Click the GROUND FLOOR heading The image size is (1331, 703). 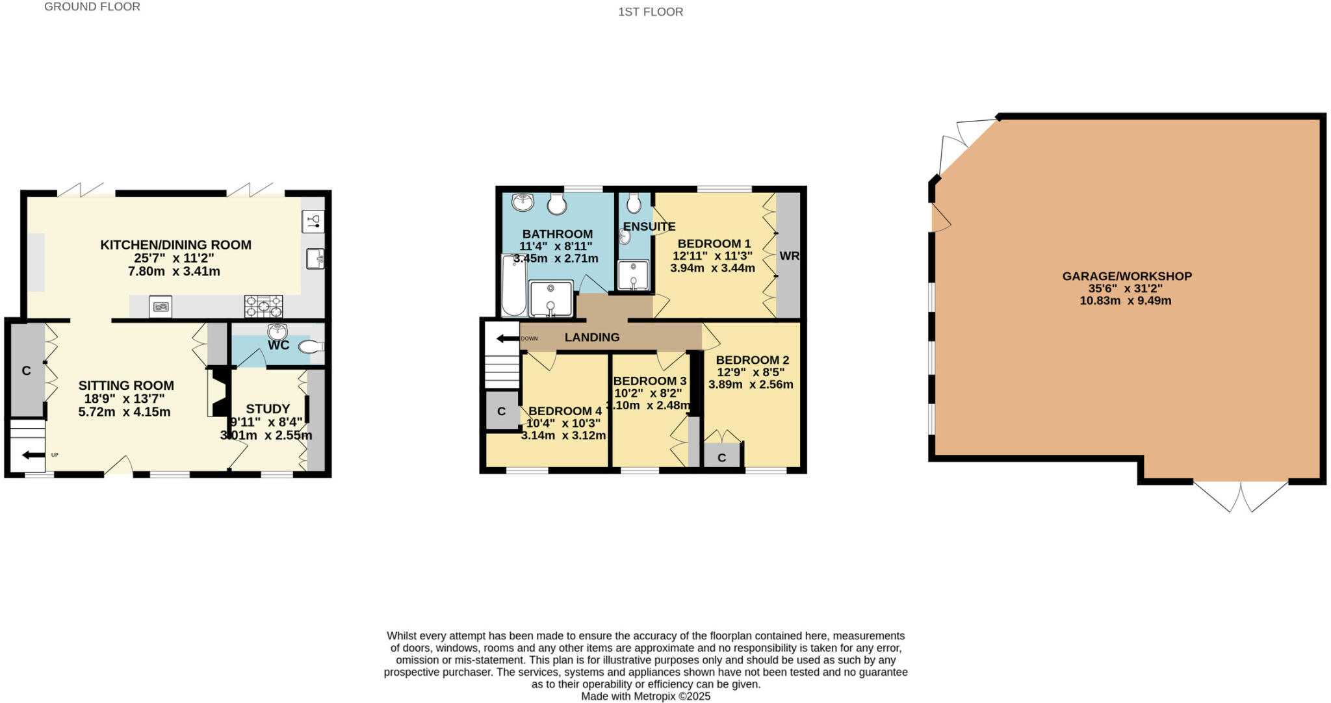pos(92,7)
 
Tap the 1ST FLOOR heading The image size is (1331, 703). pos(650,12)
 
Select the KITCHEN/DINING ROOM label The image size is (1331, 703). pos(175,245)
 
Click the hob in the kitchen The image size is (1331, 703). pos(263,305)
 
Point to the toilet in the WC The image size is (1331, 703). pos(311,348)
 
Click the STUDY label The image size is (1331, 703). pos(268,409)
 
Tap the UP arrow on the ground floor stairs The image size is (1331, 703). pos(33,455)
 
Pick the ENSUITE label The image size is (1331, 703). pos(649,227)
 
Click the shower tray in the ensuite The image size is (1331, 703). pos(632,275)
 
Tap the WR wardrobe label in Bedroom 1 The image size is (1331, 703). pos(789,256)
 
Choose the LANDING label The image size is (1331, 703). pos(591,337)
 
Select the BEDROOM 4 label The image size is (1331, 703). pos(565,411)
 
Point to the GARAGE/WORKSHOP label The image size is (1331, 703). pos(1126,276)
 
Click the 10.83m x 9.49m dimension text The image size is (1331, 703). pos(1125,301)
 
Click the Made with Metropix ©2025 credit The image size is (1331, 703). pos(645,697)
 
